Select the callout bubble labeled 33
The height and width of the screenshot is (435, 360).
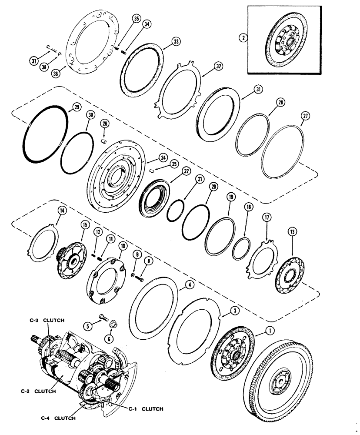click(x=176, y=42)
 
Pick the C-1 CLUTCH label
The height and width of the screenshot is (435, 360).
click(x=146, y=408)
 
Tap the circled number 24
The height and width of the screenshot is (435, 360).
click(x=163, y=157)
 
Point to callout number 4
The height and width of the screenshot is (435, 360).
click(x=190, y=285)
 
